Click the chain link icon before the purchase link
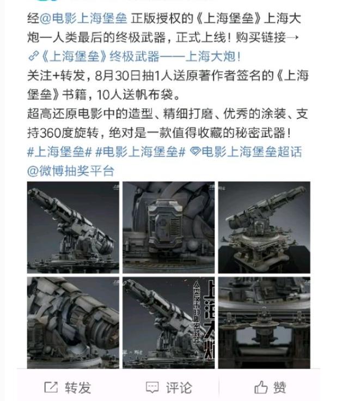(x=32, y=57)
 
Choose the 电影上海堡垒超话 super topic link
(x=251, y=151)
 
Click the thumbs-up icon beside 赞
(x=261, y=387)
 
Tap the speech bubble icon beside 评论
(x=152, y=387)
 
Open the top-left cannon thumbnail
(x=73, y=227)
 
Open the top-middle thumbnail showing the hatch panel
(x=168, y=227)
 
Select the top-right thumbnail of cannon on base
(x=264, y=227)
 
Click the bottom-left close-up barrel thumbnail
(x=73, y=322)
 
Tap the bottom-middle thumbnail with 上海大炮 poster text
(x=168, y=322)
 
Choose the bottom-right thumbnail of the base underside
(x=264, y=322)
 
